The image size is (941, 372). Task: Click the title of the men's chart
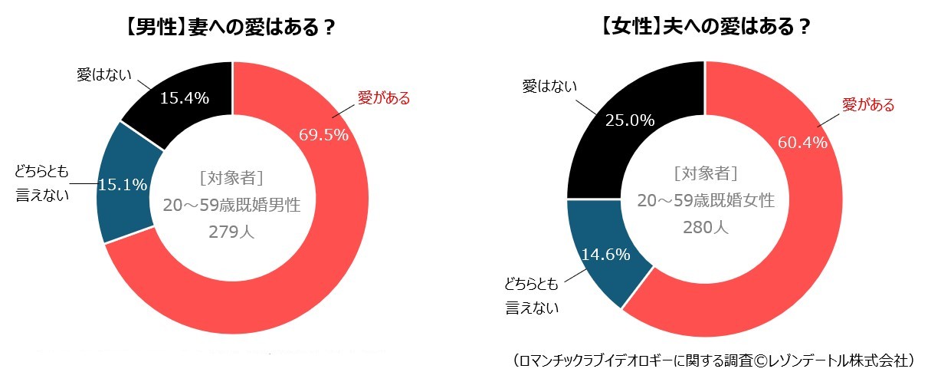tap(231, 28)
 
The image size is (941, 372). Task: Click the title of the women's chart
tap(705, 28)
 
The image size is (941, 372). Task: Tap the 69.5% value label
tap(323, 134)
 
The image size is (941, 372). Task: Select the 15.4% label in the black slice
tap(184, 98)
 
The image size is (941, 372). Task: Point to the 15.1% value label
tap(123, 185)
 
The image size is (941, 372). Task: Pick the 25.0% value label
tap(629, 120)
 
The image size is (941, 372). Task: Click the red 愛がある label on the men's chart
tap(384, 98)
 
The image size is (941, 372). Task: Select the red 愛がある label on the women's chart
tap(868, 105)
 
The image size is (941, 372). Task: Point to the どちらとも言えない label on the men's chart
tap(43, 183)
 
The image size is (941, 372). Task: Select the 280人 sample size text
tap(705, 227)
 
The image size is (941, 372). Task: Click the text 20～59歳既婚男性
tap(231, 206)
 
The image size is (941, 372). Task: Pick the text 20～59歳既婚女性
tap(705, 201)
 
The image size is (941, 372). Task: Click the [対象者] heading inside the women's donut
tap(705, 173)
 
